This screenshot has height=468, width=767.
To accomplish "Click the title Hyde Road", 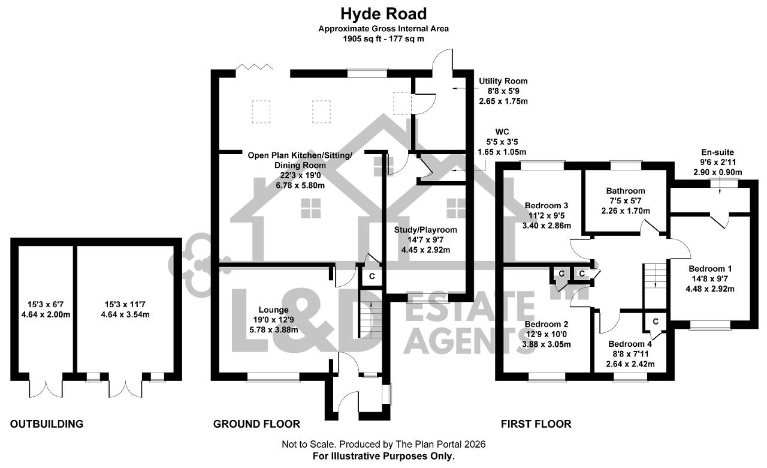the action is pyautogui.click(x=383, y=14).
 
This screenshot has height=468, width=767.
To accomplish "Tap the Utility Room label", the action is pyautogui.click(x=503, y=81).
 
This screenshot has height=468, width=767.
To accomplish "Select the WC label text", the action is pyautogui.click(x=502, y=131).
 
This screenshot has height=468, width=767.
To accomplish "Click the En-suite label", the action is pyautogui.click(x=717, y=152).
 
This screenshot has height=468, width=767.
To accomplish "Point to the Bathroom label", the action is pyautogui.click(x=626, y=191).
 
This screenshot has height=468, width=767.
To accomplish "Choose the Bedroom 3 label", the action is pyautogui.click(x=546, y=205).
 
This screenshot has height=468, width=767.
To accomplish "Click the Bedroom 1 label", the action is pyautogui.click(x=710, y=268).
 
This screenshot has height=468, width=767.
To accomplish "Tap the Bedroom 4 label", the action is pyautogui.click(x=630, y=344).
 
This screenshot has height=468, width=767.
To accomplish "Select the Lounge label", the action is pyautogui.click(x=274, y=310).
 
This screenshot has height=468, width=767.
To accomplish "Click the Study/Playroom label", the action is pyautogui.click(x=425, y=230).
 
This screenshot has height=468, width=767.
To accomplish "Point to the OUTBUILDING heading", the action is pyautogui.click(x=47, y=424).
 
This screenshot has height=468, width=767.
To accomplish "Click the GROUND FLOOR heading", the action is pyautogui.click(x=256, y=424).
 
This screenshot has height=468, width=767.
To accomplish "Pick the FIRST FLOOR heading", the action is pyautogui.click(x=536, y=424).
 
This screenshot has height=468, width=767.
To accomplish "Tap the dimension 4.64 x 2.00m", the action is pyautogui.click(x=46, y=314).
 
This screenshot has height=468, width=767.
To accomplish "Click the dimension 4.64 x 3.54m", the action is pyautogui.click(x=125, y=314).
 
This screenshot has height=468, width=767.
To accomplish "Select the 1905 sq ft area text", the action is pyautogui.click(x=361, y=39).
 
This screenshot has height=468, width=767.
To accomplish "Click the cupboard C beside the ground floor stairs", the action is pyautogui.click(x=372, y=277).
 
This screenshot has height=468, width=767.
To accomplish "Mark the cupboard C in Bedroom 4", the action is pyautogui.click(x=656, y=321).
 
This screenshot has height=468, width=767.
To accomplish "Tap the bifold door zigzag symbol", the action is pyautogui.click(x=255, y=67).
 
